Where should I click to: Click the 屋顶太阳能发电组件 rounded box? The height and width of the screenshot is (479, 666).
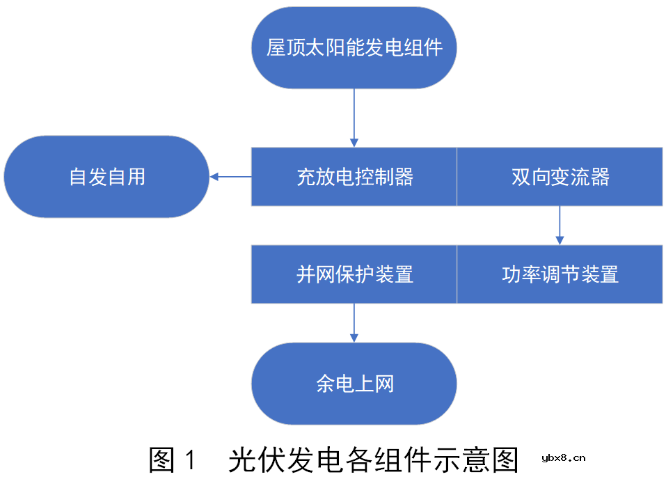tap(354, 47)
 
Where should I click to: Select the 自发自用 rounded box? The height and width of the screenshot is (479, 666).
tap(106, 177)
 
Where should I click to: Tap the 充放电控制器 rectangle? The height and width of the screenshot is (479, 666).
tap(354, 177)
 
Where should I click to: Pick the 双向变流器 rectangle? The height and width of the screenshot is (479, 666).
tap(560, 177)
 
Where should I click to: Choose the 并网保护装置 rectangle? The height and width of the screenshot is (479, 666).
tap(354, 274)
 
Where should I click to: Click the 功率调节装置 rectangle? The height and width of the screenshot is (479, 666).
tap(560, 274)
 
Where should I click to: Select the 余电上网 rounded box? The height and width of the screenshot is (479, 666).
tap(354, 384)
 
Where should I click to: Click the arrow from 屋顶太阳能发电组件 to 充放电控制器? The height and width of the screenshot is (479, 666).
tap(354, 118)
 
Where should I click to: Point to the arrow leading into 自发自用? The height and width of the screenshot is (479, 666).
tap(230, 177)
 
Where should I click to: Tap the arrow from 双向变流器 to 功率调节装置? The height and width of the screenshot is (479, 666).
tap(560, 225)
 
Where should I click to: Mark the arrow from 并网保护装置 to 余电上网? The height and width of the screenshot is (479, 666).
tap(354, 322)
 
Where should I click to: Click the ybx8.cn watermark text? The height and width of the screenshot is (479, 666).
tap(563, 458)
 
